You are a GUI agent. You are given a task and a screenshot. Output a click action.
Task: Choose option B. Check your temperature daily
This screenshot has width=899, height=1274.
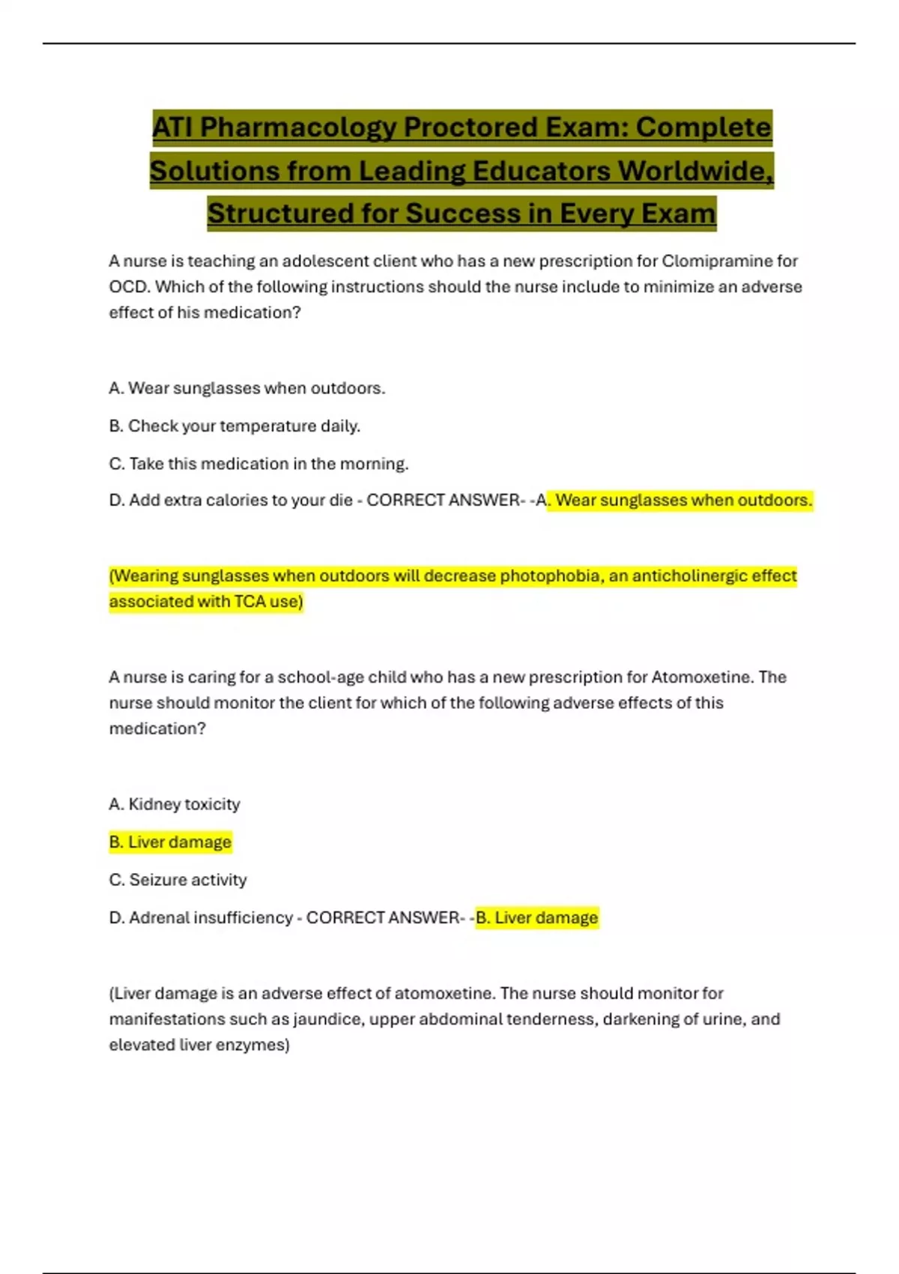pyautogui.click(x=234, y=426)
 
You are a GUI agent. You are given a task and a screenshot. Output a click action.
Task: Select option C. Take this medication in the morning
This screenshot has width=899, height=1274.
pyautogui.click(x=258, y=464)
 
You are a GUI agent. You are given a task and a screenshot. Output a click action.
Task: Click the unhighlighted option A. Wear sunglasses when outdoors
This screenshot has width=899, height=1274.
pyautogui.click(x=246, y=388)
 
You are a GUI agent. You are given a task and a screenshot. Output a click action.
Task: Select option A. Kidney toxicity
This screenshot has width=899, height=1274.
pyautogui.click(x=175, y=804)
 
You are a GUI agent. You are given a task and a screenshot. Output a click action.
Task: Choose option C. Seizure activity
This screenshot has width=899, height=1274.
pyautogui.click(x=178, y=880)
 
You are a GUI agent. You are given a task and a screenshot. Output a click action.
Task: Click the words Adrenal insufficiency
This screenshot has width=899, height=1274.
pyautogui.click(x=211, y=918)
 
